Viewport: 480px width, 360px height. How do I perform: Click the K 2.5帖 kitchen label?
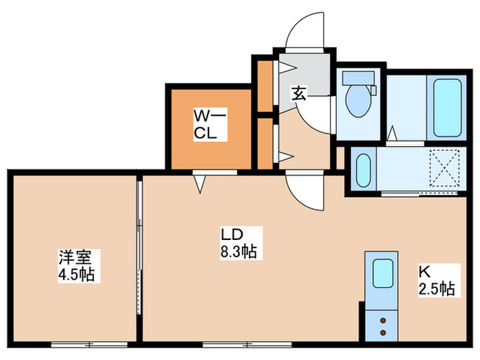[437, 280]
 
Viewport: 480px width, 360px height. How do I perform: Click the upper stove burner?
[382, 320]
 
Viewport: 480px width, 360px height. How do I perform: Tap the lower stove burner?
[382, 332]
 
